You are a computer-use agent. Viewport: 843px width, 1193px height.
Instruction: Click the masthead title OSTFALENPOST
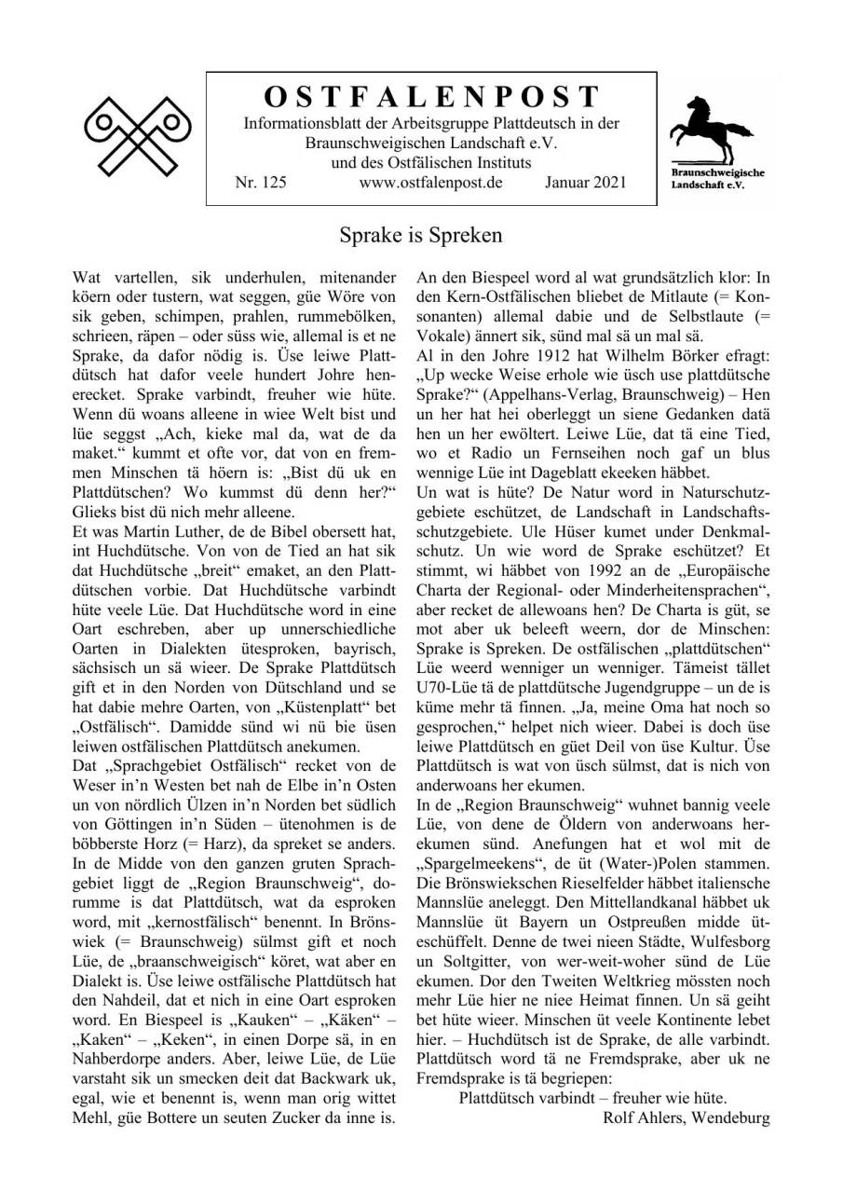pyautogui.click(x=431, y=96)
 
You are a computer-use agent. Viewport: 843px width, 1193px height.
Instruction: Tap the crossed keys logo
pyautogui.click(x=137, y=135)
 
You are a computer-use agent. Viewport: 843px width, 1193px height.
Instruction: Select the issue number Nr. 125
pyautogui.click(x=261, y=184)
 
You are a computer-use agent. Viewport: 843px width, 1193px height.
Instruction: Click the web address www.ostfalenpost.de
pyautogui.click(x=430, y=184)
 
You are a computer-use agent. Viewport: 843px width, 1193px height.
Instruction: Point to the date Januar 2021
pyautogui.click(x=586, y=184)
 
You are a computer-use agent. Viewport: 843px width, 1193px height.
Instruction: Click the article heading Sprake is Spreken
pyautogui.click(x=421, y=236)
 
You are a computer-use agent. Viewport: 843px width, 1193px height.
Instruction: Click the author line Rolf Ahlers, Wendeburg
pyautogui.click(x=686, y=1117)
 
